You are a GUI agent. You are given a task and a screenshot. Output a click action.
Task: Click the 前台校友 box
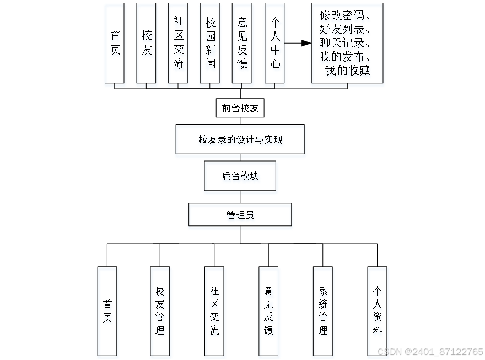click(x=240, y=109)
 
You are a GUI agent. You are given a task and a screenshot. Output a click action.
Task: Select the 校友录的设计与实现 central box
click(x=240, y=139)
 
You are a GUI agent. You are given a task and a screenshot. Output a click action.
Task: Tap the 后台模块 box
click(x=240, y=176)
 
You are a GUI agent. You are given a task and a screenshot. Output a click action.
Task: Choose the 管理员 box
click(x=240, y=215)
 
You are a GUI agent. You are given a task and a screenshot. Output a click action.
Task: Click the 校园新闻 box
click(x=210, y=43)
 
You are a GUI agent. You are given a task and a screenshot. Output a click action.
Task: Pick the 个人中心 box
click(x=274, y=43)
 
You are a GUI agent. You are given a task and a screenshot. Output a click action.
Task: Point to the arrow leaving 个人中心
click(x=298, y=43)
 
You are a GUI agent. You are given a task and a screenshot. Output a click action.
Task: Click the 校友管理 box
click(x=160, y=311)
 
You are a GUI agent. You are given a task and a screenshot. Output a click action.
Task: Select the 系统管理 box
click(x=323, y=311)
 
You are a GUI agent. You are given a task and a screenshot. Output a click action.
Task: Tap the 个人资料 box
click(x=377, y=311)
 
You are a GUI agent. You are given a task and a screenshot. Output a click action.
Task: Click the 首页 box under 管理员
click(x=107, y=311)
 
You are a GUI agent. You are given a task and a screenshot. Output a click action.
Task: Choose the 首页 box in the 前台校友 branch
click(x=115, y=43)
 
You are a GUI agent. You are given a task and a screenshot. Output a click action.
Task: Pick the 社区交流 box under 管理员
click(x=214, y=311)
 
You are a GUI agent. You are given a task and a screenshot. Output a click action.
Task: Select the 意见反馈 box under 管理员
click(x=268, y=311)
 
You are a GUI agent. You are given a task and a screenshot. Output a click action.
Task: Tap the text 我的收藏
click(x=347, y=71)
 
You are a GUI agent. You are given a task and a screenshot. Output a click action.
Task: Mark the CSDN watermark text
click(x=430, y=352)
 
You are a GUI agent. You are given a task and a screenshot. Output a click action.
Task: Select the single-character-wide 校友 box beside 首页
click(x=147, y=43)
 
